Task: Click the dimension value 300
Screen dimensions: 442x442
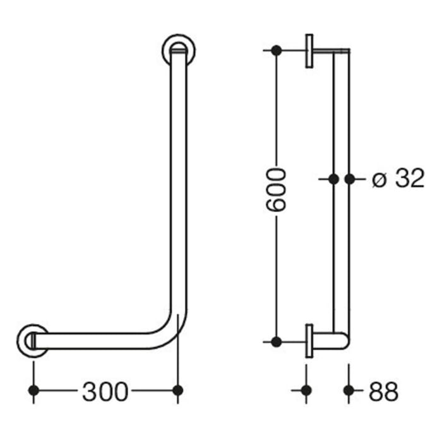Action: tap(105, 392)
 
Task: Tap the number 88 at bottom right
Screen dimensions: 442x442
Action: tap(383, 392)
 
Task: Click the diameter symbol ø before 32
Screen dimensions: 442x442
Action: tap(379, 180)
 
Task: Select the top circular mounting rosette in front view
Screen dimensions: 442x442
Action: tap(179, 50)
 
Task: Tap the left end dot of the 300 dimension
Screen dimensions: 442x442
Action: tap(34, 391)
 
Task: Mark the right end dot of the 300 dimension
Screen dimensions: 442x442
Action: tap(178, 391)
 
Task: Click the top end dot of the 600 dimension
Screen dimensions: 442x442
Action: tap(277, 50)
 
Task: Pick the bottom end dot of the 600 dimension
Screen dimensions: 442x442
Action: tap(277, 342)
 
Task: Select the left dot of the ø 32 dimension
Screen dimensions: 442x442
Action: tap(333, 179)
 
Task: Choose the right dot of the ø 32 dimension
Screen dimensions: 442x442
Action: tap(350, 179)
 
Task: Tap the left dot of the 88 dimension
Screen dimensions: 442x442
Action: tap(307, 391)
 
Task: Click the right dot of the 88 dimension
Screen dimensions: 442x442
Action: tap(348, 391)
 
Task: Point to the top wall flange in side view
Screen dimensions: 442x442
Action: tap(308, 51)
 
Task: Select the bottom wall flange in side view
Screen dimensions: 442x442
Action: tap(308, 342)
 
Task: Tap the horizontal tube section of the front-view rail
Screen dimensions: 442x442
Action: tap(101, 341)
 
